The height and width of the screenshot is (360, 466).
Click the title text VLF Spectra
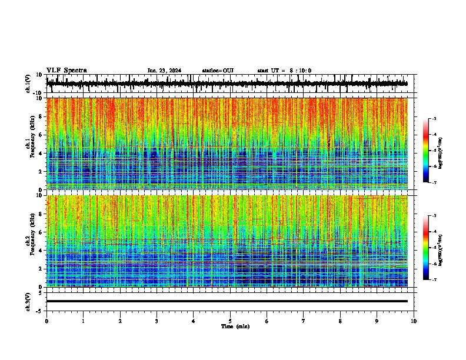click(66, 71)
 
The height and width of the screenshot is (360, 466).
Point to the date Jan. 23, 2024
click(164, 71)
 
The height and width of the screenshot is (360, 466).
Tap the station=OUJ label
click(218, 71)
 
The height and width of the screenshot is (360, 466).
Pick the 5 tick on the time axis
click(230, 321)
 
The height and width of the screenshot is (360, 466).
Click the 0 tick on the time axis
click(46, 321)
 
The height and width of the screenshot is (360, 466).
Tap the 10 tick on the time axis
click(414, 321)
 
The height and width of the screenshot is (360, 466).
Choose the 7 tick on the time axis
click(304, 321)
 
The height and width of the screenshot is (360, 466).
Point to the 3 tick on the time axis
click(157, 321)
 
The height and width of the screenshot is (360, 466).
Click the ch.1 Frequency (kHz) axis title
click(29, 144)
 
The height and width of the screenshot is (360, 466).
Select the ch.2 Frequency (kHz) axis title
click(29, 241)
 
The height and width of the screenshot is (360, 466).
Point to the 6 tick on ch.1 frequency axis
click(41, 135)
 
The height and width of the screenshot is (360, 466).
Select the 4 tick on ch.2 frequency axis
click(41, 251)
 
